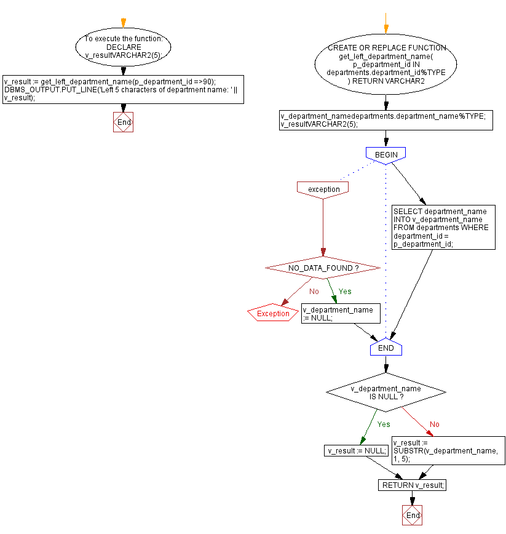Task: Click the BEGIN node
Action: (385, 154)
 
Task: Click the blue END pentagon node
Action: (385, 348)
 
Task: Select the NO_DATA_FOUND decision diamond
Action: (323, 268)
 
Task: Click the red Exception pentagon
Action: (273, 314)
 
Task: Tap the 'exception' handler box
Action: (323, 189)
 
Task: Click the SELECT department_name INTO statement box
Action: (443, 227)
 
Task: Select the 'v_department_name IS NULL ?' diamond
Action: (385, 393)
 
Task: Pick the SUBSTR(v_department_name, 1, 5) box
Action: (448, 451)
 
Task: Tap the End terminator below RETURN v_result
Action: (413, 515)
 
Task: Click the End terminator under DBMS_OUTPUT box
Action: (124, 122)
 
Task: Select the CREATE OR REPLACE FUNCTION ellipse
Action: (385, 64)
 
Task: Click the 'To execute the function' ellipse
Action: (123, 47)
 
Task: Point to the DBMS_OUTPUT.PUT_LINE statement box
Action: (123, 89)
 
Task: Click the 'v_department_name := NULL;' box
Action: (341, 314)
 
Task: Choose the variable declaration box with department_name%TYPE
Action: (386, 120)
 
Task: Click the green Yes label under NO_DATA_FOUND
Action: (345, 292)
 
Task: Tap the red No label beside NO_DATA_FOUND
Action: (314, 292)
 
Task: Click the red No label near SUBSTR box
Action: (435, 424)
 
